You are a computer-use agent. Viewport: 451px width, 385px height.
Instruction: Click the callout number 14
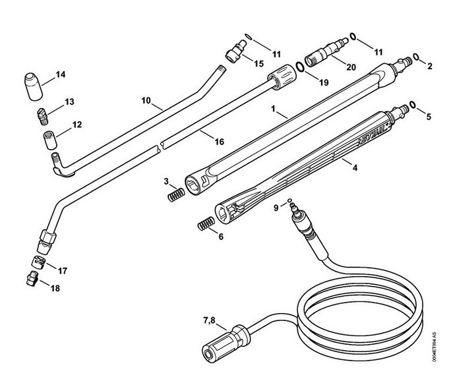click(61, 74)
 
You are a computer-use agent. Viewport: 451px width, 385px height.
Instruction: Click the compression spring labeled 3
click(174, 195)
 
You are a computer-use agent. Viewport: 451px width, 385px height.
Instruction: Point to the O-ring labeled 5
click(412, 104)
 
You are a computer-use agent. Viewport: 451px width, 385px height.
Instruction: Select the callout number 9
click(276, 207)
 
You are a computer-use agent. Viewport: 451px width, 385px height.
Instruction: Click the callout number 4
click(355, 168)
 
